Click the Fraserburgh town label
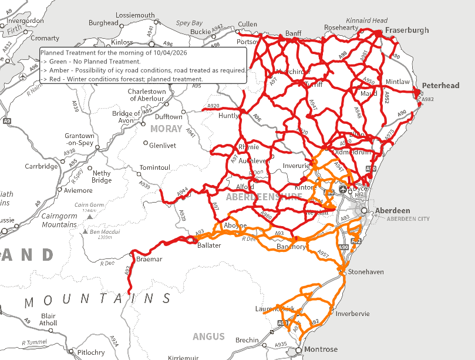[407, 30]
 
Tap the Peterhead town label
[440, 86]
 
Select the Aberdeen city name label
[393, 210]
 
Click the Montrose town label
[321, 349]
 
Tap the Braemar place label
[149, 259]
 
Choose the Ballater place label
[209, 245]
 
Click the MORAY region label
[166, 129]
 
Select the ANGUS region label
[208, 337]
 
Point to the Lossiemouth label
[136, 15]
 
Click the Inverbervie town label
[352, 314]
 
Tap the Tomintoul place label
[154, 168]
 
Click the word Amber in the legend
[60, 70]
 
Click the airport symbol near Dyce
[358, 190]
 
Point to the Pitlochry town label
[91, 352]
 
